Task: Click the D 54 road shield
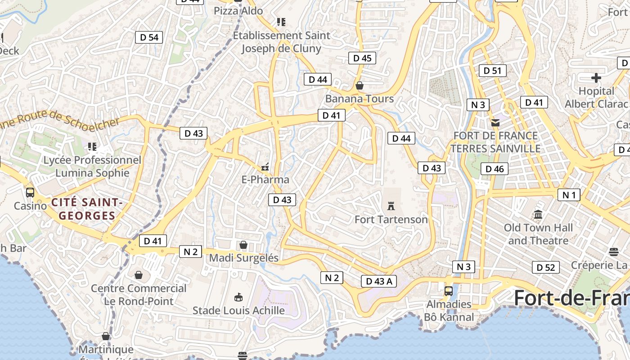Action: click(x=149, y=37)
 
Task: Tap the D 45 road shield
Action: click(x=362, y=58)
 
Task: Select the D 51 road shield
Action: click(x=493, y=70)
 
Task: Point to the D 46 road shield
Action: click(x=495, y=169)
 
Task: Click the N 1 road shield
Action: click(x=569, y=195)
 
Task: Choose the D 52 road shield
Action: click(x=546, y=267)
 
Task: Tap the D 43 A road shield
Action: click(x=379, y=281)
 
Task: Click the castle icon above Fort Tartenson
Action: click(x=391, y=206)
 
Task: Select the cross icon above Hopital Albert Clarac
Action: click(x=596, y=78)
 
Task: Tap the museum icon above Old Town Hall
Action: click(x=538, y=214)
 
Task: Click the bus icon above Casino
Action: click(x=30, y=193)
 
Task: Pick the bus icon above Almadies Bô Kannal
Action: click(x=448, y=291)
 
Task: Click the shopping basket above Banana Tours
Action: click(x=360, y=85)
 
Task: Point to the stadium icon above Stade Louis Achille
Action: click(x=238, y=297)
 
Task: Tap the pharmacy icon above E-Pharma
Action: click(x=265, y=167)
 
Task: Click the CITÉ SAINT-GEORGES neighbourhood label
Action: click(x=87, y=209)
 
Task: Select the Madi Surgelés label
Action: click(x=244, y=258)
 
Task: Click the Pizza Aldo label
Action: click(x=238, y=10)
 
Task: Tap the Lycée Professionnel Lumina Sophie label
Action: click(x=92, y=166)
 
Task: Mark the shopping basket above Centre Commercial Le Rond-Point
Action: click(x=139, y=274)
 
